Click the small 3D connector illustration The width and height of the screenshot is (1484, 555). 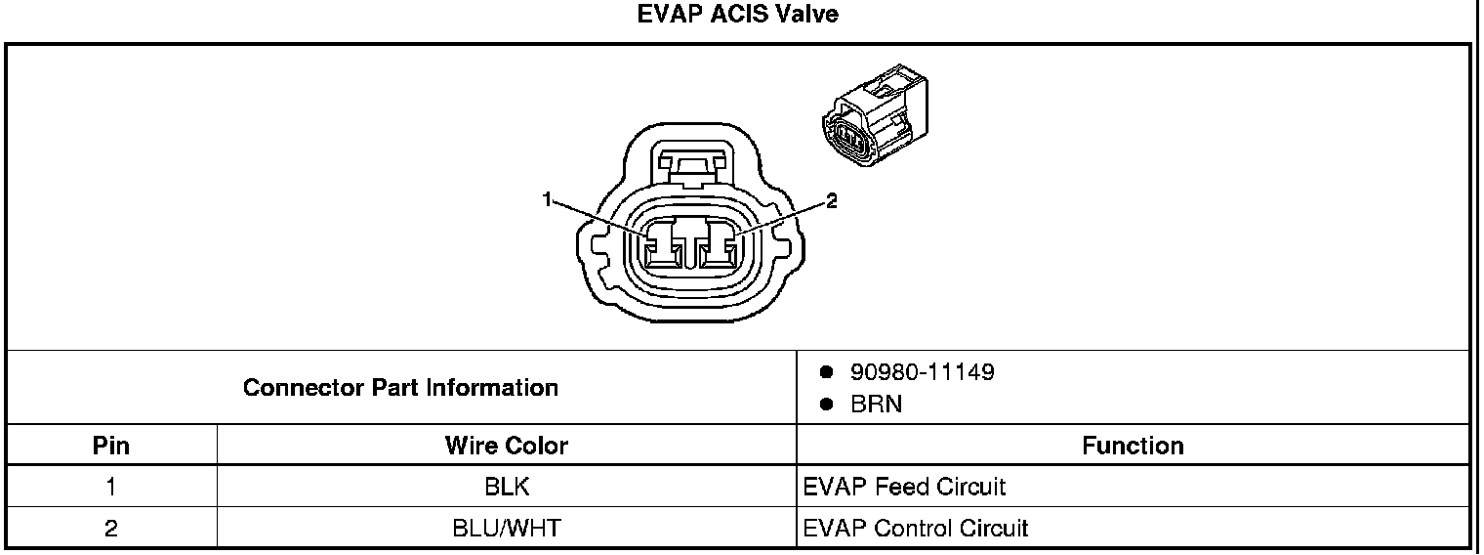tap(873, 117)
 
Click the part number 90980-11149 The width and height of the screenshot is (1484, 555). tap(922, 372)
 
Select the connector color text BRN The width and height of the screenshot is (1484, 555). tap(876, 405)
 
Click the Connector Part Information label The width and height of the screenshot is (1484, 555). tap(400, 388)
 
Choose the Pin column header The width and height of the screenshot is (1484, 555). tap(111, 447)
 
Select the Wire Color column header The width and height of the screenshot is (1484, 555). tap(506, 447)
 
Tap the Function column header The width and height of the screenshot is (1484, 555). tap(1133, 447)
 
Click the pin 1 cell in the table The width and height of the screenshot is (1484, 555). tap(111, 487)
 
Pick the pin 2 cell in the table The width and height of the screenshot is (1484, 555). tap(111, 529)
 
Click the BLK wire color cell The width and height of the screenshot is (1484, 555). tap(506, 487)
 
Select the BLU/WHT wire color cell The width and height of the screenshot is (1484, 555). tap(506, 529)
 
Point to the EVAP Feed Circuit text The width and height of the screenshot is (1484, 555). tap(904, 487)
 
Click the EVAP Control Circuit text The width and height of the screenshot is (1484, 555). tap(916, 529)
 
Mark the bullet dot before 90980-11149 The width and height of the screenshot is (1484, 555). tap(826, 372)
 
